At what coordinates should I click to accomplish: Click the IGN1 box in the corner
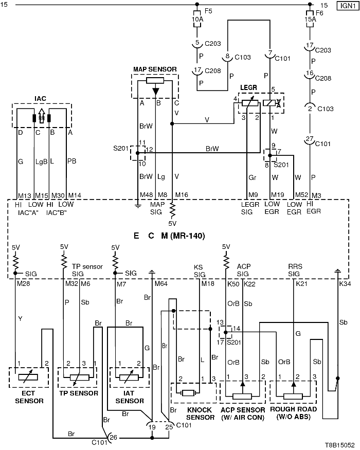coord(348,6)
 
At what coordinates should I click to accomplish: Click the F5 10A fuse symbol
coord(197,19)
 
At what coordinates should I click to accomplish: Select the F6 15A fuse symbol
coord(310,19)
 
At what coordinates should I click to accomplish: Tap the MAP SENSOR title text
coord(155,69)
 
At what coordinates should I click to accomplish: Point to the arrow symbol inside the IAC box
coord(42,116)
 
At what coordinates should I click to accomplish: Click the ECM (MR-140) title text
coord(169,236)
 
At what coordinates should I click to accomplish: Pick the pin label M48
coord(147,195)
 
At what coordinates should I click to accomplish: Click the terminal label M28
coord(23,284)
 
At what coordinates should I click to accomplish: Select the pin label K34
coord(345,284)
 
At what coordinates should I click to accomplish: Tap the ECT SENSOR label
coord(29,397)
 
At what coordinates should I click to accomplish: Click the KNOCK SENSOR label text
coord(200,413)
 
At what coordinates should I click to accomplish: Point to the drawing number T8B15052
coord(339,445)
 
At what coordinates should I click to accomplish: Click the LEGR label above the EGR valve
coord(248,87)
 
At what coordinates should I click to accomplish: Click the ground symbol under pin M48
coord(138,205)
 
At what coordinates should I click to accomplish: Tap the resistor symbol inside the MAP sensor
coord(155,80)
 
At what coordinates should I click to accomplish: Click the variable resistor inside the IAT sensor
coord(129,377)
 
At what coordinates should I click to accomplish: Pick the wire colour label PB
coord(72,161)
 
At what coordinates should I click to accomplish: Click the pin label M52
coord(302,195)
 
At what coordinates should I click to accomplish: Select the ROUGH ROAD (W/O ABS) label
coord(293,412)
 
